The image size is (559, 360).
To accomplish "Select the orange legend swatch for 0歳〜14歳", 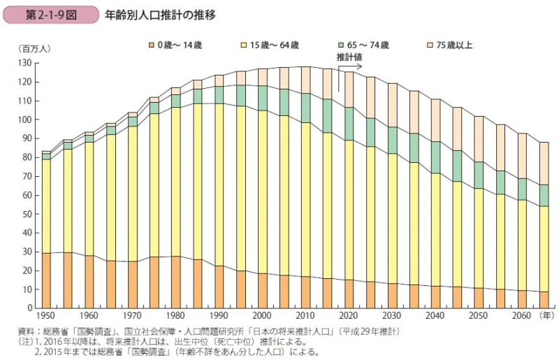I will point(150,45).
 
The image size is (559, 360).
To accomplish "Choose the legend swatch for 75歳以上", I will point(430,45).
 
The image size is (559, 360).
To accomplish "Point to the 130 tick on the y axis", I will point(25,63).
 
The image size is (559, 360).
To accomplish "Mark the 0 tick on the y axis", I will point(29,308).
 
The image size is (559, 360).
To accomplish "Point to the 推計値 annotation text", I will point(347,57).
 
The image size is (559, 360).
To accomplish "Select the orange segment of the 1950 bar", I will point(46,280).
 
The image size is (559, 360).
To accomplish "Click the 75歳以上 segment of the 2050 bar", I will point(478,138).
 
